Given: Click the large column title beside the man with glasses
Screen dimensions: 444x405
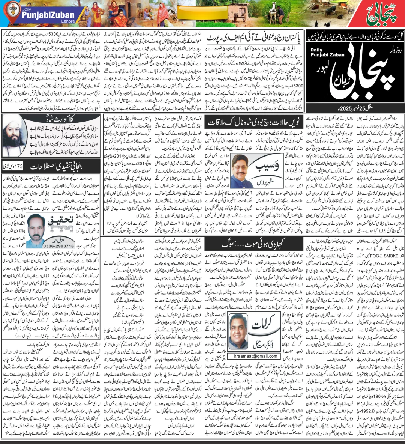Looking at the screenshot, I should point(262,167).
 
